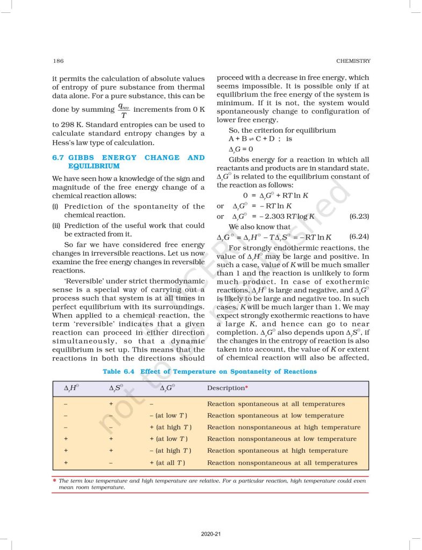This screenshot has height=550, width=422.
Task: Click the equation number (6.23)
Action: pyautogui.click(x=359, y=216)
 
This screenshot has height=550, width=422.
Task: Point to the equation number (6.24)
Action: pyautogui.click(x=359, y=236)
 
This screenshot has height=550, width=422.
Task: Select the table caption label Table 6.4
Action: pyautogui.click(x=119, y=372)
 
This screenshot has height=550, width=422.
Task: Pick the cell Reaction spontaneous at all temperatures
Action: pyautogui.click(x=276, y=404)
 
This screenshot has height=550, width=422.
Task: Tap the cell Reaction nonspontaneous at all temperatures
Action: pyautogui.click(x=282, y=462)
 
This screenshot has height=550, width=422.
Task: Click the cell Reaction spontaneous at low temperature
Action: pyautogui.click(x=275, y=416)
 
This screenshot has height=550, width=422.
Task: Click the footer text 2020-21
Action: pyautogui.click(x=210, y=533)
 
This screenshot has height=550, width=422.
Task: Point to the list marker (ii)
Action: pyautogui.click(x=56, y=226)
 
